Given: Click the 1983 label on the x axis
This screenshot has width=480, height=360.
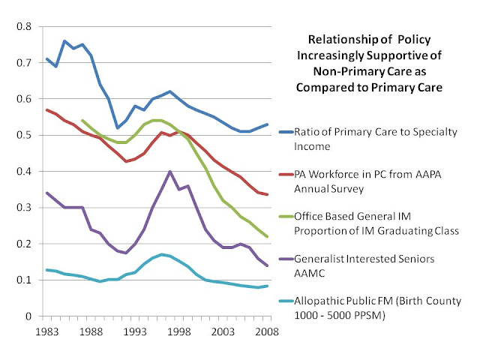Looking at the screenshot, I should (x=46, y=330).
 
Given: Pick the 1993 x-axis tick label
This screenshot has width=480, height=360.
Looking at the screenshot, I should (x=136, y=330).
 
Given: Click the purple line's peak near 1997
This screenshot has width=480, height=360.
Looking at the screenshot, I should (x=170, y=171).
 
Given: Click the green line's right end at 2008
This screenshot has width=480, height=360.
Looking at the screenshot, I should (x=268, y=236).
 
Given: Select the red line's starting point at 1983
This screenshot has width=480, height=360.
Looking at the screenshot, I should (x=46, y=109).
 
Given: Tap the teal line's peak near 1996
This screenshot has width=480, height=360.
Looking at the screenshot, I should (x=161, y=254).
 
